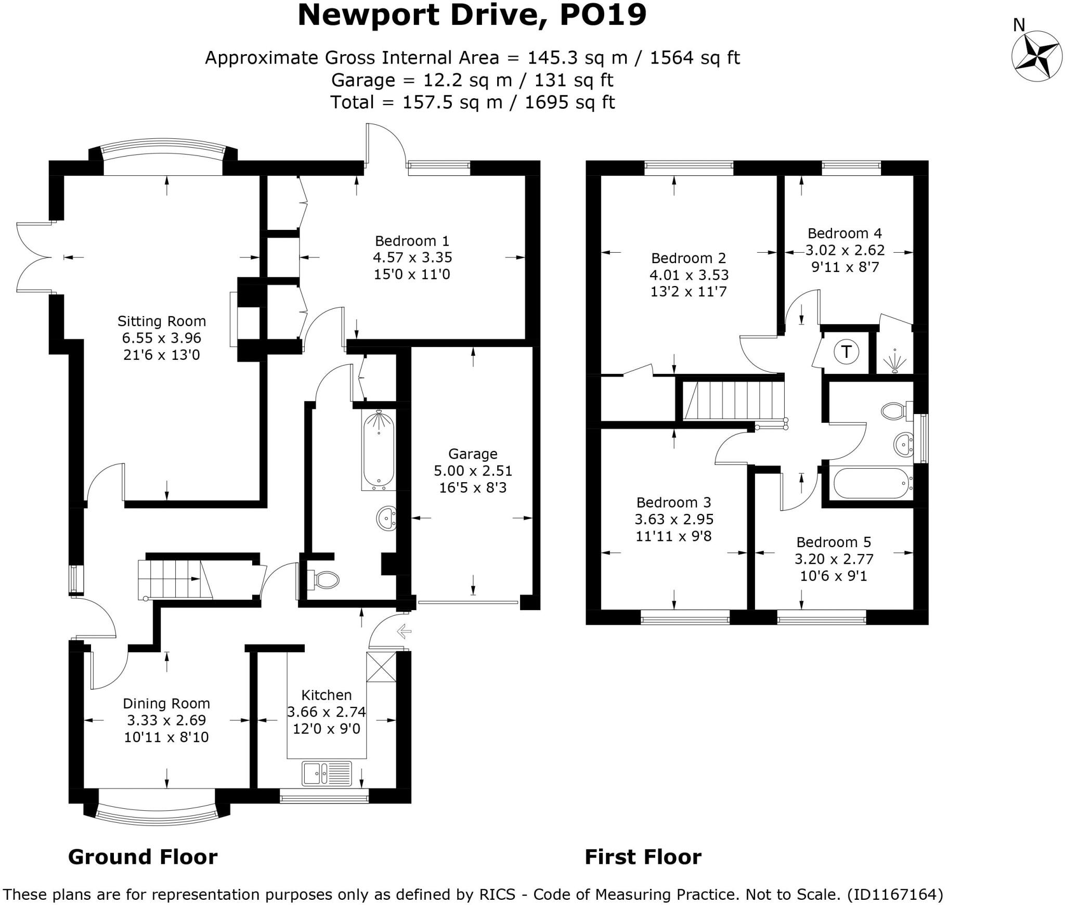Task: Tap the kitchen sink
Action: click(327, 773)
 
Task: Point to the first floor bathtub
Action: click(872, 483)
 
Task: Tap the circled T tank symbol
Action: click(847, 352)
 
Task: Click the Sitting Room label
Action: click(161, 321)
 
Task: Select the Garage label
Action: click(473, 454)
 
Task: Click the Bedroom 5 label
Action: click(834, 542)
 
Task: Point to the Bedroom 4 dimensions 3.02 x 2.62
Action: click(845, 250)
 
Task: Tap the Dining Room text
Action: click(166, 704)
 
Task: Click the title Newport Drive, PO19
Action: click(472, 16)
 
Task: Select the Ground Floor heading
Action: click(142, 857)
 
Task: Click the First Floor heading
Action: click(643, 857)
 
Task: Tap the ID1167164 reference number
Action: click(894, 895)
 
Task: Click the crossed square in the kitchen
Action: click(381, 667)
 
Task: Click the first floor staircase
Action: click(733, 400)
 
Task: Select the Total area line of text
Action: click(472, 102)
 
